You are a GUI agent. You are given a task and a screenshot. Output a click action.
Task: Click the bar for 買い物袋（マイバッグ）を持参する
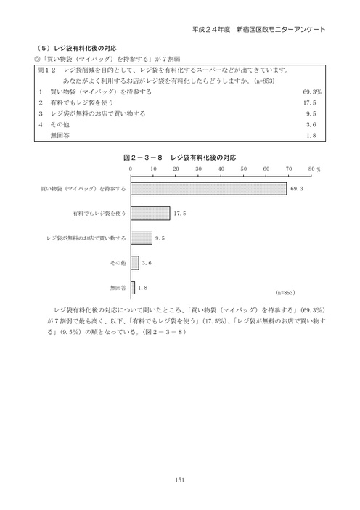point(208,189)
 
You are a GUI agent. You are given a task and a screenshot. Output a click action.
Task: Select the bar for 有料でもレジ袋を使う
point(150,214)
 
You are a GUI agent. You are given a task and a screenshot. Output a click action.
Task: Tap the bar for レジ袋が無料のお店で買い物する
point(142,238)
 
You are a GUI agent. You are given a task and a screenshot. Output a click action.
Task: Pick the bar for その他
point(135,262)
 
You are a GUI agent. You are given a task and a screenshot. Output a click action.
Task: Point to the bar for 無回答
point(133,287)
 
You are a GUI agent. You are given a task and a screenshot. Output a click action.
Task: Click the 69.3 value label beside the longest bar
point(295,189)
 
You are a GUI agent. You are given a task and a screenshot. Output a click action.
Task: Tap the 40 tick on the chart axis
point(221,168)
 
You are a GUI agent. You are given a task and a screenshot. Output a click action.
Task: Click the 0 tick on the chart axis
point(131,168)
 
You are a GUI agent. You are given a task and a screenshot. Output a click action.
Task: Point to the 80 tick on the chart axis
point(311,168)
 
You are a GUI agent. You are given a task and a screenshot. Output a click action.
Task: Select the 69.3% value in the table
point(312,92)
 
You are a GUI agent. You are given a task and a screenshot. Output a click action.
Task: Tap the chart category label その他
point(118,262)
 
